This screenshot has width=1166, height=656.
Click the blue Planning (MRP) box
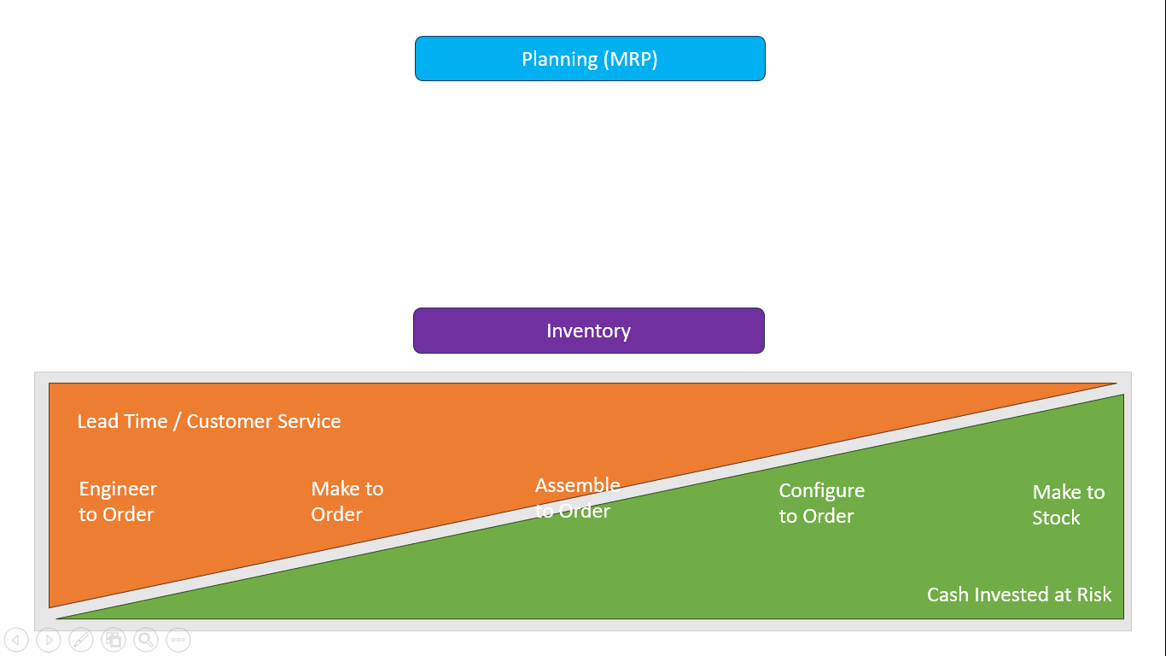tap(590, 59)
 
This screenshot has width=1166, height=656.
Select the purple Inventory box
tap(589, 331)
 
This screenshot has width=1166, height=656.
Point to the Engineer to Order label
tap(118, 501)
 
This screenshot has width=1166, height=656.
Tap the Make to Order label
tap(347, 501)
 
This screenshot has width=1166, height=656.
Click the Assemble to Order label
tap(577, 498)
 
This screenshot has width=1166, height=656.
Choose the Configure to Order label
tap(821, 503)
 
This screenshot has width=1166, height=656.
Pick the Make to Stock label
tap(1068, 505)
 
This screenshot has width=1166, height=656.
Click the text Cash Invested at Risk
tap(1019, 594)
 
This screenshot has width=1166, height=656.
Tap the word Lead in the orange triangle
tap(97, 421)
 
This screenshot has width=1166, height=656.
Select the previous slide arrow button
tap(16, 640)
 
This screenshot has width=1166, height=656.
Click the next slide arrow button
tap(49, 640)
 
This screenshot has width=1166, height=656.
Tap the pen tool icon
tap(81, 640)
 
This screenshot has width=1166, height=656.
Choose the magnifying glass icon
tap(146, 640)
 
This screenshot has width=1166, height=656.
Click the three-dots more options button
tap(178, 640)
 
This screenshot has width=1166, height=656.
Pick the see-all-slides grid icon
tap(114, 640)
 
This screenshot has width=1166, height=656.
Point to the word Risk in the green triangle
tap(1094, 594)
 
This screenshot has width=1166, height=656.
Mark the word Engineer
tap(118, 489)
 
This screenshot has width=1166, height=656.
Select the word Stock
tap(1056, 518)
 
